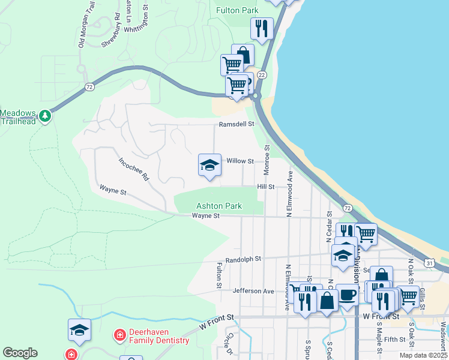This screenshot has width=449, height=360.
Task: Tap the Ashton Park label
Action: click(x=219, y=206)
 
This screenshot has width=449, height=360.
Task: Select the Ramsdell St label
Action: click(x=237, y=124)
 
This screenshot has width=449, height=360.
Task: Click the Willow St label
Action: click(x=240, y=161)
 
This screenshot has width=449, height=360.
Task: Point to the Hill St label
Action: click(x=265, y=187)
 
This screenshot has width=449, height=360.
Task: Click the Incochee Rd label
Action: click(x=133, y=170)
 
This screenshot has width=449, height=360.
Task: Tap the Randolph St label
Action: click(x=242, y=259)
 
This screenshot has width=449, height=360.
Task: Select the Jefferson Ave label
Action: click(x=253, y=291)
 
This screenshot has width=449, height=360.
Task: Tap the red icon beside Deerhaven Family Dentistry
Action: click(x=119, y=334)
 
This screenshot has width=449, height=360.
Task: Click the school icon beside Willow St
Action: click(x=209, y=165)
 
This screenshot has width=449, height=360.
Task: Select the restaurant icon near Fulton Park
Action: click(x=262, y=28)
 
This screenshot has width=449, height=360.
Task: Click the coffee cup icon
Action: click(x=347, y=295)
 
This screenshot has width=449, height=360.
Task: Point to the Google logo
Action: click(x=20, y=353)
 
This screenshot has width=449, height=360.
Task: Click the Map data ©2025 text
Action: click(x=423, y=355)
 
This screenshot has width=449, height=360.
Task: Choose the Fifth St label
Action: click(x=395, y=339)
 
